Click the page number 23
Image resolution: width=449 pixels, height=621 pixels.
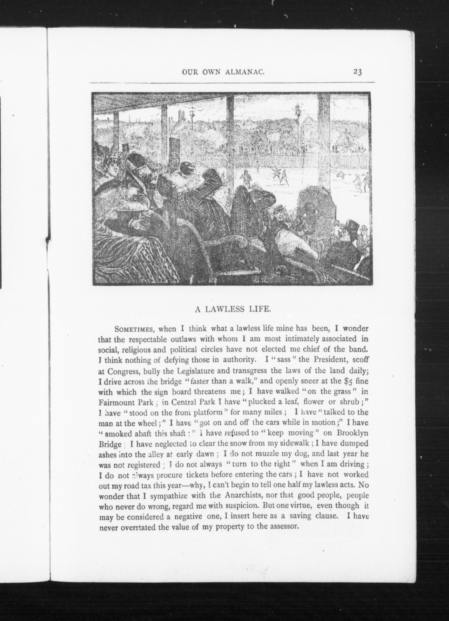pos(357,72)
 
